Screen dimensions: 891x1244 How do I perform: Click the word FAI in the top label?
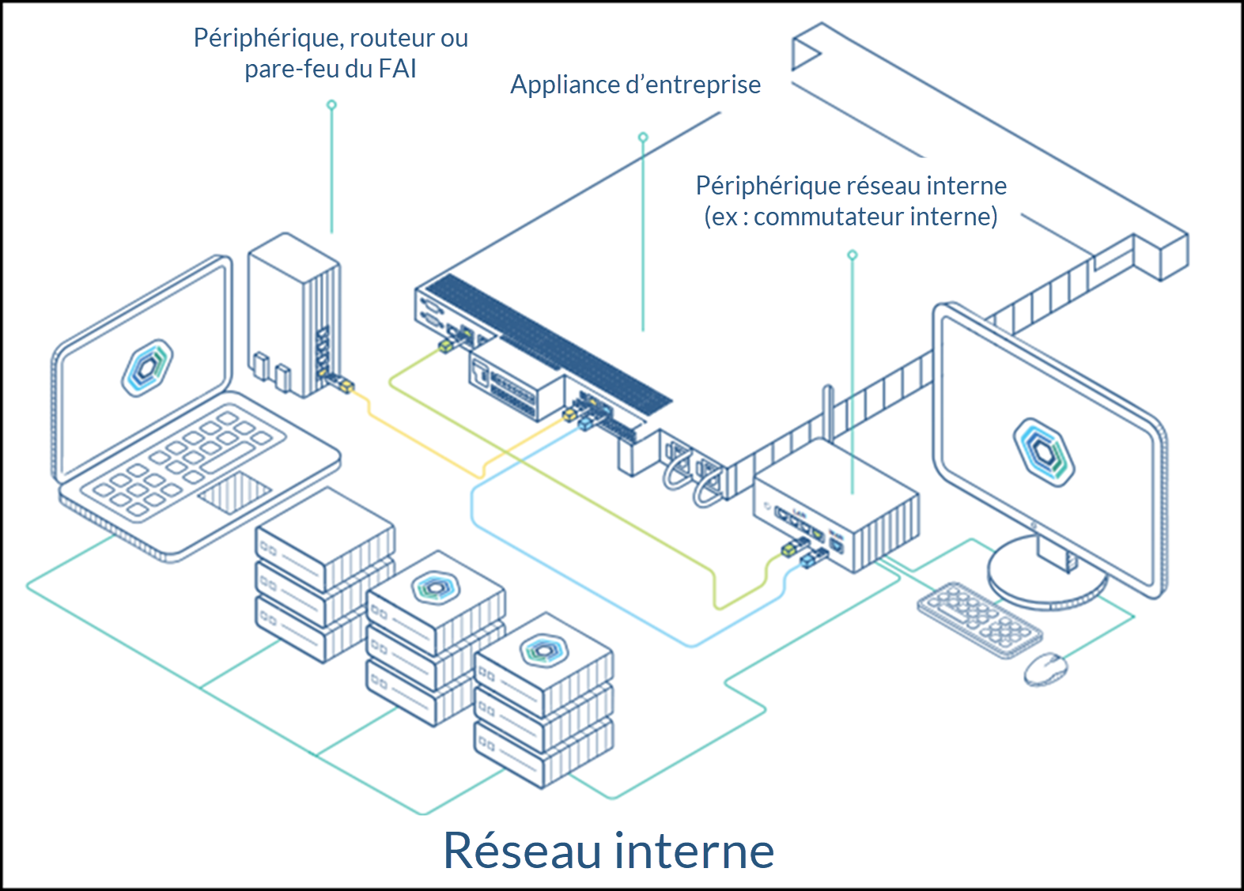[x=397, y=70]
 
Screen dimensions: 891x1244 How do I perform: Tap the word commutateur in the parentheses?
[x=829, y=217]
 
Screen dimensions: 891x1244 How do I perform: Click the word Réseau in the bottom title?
[x=523, y=851]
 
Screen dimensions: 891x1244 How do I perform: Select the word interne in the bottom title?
[x=694, y=851]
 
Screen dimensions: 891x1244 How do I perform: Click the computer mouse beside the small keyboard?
[x=1045, y=669]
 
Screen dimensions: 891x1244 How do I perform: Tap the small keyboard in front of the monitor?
[x=979, y=619]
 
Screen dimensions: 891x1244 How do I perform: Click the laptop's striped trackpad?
[x=234, y=492]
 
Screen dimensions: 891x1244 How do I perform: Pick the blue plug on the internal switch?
[x=810, y=559]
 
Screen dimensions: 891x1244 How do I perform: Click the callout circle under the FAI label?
[x=331, y=104]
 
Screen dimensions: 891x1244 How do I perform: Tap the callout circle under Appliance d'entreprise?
[x=643, y=138]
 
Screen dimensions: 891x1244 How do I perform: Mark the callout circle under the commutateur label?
[x=853, y=255]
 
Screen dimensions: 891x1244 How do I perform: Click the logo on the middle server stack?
[x=434, y=587]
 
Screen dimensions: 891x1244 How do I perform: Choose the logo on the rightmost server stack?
[x=543, y=649]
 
